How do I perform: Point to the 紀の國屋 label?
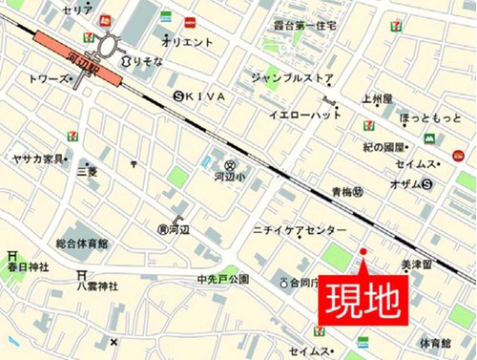click(385, 146)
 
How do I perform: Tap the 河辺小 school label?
click(227, 177)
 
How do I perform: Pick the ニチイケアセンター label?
click(301, 231)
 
